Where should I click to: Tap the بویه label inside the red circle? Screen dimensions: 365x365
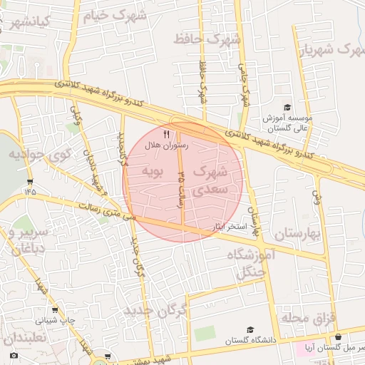tap(153, 171)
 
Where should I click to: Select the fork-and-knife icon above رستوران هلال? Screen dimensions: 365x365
tap(166, 134)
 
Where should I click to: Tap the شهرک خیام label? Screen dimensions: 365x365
tap(115, 16)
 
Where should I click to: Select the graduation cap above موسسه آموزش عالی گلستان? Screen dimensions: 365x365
tap(287, 107)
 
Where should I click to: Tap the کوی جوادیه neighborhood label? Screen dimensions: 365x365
tap(41, 153)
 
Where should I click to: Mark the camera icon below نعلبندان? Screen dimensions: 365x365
tap(14, 355)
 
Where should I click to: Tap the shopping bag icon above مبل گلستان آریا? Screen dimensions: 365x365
tap(337, 336)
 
